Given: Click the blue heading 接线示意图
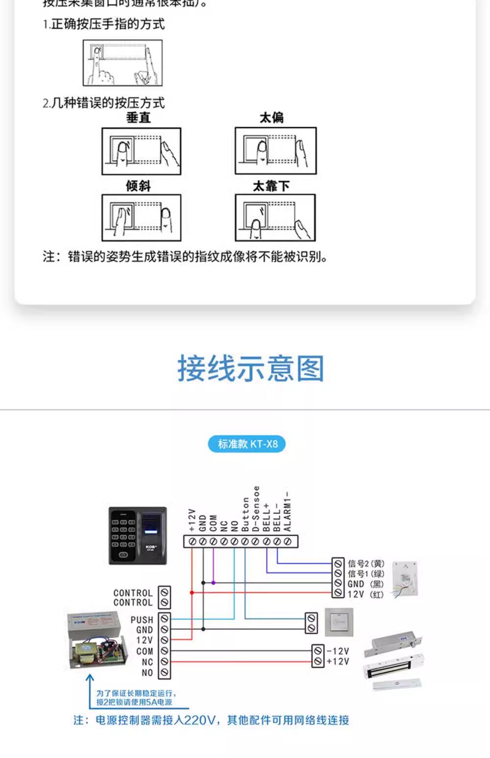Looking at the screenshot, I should point(250,369).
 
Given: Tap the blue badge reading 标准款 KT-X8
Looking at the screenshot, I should point(247,444).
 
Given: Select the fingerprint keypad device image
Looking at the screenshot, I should point(138,536).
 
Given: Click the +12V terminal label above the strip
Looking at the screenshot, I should point(192,520).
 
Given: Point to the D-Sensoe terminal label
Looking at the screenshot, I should point(256,509).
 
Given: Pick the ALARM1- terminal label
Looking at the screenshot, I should point(288,512).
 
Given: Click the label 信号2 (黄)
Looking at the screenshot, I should point(366,564).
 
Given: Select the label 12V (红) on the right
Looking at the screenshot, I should point(366,594).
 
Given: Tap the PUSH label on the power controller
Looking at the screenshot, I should point(142,620).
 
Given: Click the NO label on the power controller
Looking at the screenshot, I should point(147,673).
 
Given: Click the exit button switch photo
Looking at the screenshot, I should point(339,622).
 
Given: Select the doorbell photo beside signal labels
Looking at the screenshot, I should point(405,578).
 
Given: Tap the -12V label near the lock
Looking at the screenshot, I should point(338,651).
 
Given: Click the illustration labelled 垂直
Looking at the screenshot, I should point(141,151).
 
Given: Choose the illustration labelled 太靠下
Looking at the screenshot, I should point(275,218).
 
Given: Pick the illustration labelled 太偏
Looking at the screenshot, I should point(275,151).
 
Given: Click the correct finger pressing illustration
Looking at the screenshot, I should point(122,63).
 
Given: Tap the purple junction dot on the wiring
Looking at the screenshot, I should point(214,583).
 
